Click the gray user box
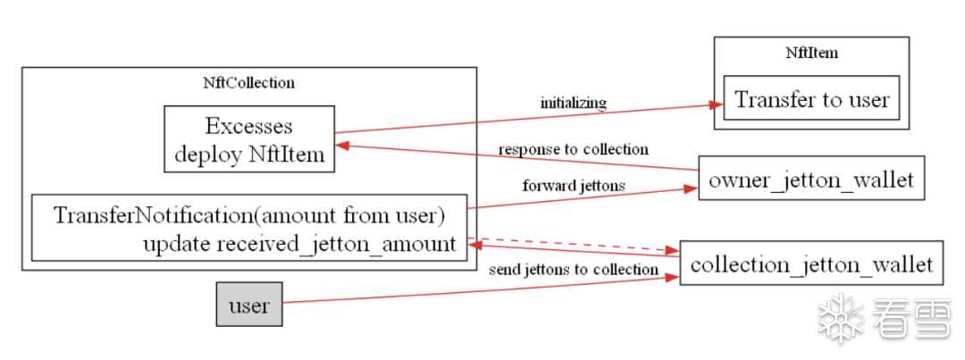coord(248,304)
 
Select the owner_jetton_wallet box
coord(810,179)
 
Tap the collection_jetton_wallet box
coord(811,264)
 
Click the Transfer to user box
coord(811,98)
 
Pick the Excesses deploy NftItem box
coord(248,138)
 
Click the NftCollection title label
coord(248,82)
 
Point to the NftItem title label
coord(811,52)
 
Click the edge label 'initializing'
coord(573,103)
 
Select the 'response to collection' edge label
coord(573,148)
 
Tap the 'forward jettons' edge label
coord(573,186)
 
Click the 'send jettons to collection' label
coord(573,269)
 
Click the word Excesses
coord(248,125)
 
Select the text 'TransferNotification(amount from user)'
coord(248,215)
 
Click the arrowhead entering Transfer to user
coord(715,105)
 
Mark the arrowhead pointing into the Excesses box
coord(341,143)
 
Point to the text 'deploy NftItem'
coord(248,154)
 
